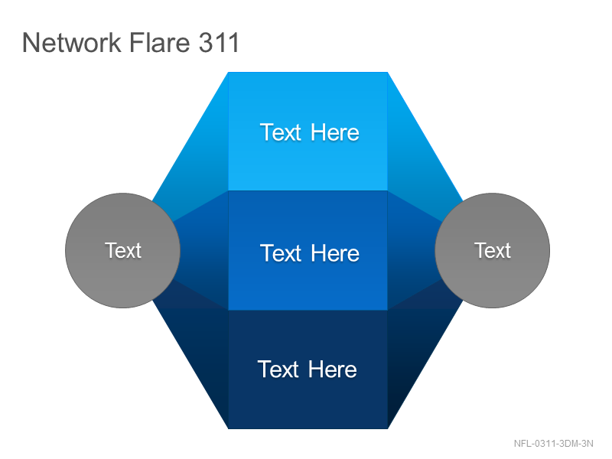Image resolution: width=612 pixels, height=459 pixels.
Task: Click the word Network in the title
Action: point(71,42)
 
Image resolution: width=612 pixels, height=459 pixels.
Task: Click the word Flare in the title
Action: point(159,42)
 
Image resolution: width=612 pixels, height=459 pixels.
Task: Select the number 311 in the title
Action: point(219,42)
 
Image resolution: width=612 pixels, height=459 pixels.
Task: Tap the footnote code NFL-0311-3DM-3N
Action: point(553,444)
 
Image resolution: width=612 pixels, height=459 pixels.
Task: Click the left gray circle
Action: point(122,251)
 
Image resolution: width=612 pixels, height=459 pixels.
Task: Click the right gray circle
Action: point(493,251)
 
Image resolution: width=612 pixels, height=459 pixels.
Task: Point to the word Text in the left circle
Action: point(123,250)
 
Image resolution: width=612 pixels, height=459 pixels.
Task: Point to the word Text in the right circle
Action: point(493,250)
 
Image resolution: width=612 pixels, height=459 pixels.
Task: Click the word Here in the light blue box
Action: point(335,132)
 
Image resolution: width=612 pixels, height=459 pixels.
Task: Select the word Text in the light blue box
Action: point(281,132)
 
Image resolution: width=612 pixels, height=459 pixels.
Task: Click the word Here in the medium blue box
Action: point(335,253)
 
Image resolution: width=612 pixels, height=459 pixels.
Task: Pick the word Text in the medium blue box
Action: point(281,253)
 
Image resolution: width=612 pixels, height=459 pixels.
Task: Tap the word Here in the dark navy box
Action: point(333,369)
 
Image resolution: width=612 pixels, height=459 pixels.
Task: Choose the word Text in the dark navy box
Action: point(278,369)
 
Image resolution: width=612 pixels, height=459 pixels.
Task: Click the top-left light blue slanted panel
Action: point(199,156)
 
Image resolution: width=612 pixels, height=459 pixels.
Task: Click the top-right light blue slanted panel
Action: point(416,156)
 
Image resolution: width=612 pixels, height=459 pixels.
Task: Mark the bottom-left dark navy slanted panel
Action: point(199,351)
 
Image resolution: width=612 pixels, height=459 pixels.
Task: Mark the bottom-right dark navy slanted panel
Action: point(416,351)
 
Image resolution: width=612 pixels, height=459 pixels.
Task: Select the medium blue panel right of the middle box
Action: point(411,251)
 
